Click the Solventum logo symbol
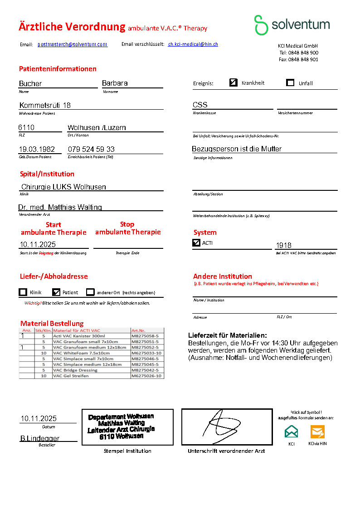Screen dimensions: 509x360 (261, 25)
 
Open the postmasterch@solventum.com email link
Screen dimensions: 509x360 (72, 44)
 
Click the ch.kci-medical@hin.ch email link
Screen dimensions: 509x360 (193, 44)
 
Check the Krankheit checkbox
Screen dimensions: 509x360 (234, 82)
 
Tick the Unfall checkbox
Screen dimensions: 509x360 (290, 82)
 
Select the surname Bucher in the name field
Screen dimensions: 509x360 (30, 83)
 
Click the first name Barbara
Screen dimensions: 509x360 (115, 83)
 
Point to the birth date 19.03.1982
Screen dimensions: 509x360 (37, 149)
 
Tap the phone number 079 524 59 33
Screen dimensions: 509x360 (91, 149)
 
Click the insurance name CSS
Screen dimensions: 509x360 (200, 105)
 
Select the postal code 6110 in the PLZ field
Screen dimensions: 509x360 (26, 128)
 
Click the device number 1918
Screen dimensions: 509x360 (284, 245)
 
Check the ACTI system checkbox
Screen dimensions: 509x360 (196, 243)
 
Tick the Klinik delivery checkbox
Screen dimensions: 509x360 (23, 292)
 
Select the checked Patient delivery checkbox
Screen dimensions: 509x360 (56, 292)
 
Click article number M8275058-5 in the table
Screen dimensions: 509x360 (147, 336)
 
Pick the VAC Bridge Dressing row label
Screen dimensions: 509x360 (75, 370)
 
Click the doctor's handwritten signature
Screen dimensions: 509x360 (226, 427)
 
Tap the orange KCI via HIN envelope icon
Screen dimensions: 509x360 (317, 431)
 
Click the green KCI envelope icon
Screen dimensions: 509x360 (292, 431)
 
